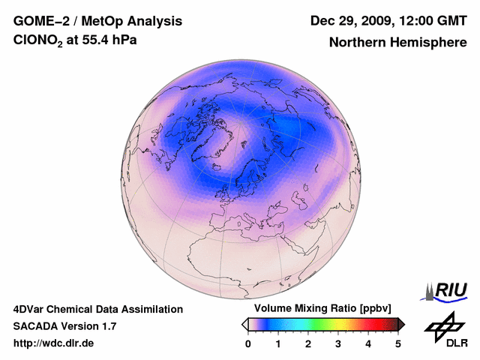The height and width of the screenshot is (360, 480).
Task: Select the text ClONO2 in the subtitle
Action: coord(37,42)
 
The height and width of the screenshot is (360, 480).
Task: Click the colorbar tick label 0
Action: coord(248,343)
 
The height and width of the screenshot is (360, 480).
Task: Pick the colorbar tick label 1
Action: coord(278,343)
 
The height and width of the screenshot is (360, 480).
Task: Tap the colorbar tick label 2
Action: coord(308,343)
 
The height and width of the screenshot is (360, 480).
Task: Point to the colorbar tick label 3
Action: coord(338,343)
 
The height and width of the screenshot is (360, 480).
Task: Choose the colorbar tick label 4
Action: coord(368,343)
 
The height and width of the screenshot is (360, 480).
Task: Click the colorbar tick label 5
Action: coord(398,343)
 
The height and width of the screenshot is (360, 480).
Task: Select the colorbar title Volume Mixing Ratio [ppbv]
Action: coord(319,309)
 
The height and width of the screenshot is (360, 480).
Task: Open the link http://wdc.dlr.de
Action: coord(54,343)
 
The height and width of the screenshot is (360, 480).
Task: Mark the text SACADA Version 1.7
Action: coord(64,326)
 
